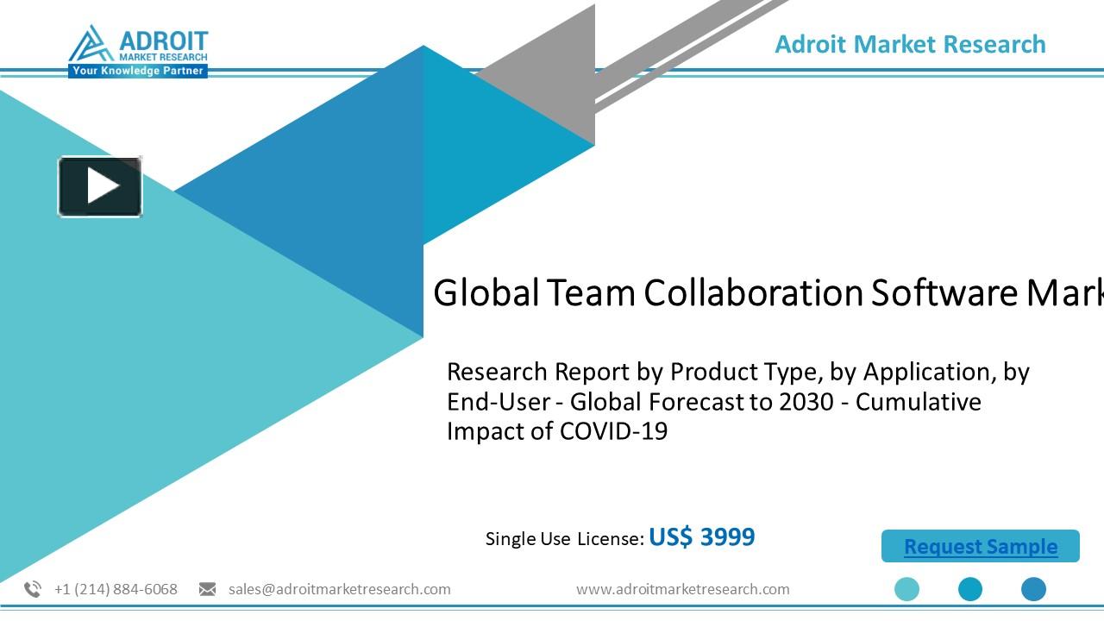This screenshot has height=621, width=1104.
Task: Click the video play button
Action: point(100,186)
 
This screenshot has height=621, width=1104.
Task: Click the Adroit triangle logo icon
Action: point(91,44)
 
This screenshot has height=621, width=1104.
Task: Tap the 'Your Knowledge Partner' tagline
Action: point(138,71)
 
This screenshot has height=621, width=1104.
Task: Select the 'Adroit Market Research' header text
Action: point(910,44)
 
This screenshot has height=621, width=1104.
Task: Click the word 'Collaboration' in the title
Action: point(753,293)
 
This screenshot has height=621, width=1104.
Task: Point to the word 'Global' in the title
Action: point(486,293)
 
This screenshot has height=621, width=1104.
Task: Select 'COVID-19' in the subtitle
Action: point(613,430)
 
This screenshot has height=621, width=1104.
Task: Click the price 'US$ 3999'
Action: point(701,537)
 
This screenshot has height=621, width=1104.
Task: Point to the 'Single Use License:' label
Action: point(564,539)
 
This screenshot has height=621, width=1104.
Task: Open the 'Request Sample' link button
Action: point(980,547)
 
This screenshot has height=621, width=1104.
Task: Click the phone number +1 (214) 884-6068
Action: point(116,589)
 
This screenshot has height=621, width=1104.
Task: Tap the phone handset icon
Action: point(33,589)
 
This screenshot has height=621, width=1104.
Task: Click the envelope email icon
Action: point(207,589)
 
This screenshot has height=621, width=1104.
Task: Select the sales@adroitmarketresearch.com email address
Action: point(339,589)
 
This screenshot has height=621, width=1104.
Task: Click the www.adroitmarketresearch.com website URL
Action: point(682,589)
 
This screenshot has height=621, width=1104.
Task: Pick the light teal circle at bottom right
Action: point(906,589)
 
